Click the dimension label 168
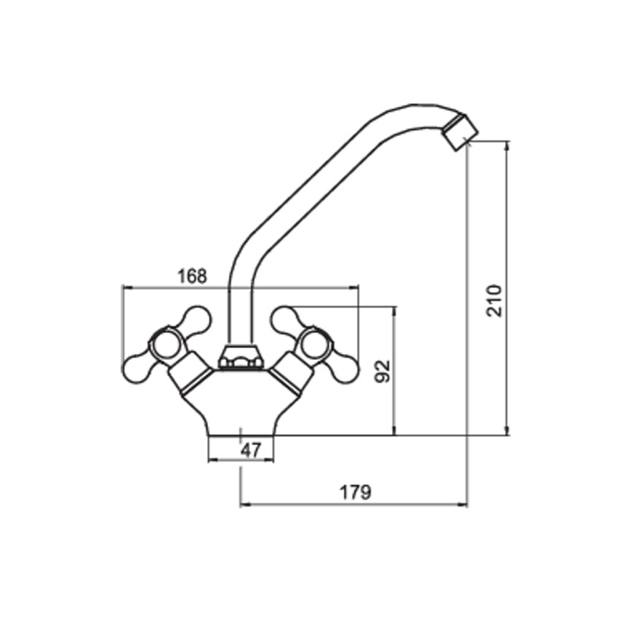(x=193, y=276)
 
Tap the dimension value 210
(x=494, y=301)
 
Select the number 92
(x=382, y=371)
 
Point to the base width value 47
(x=251, y=450)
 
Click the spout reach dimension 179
(x=355, y=491)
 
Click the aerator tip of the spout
(x=460, y=132)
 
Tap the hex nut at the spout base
(x=239, y=356)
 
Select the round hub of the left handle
(x=166, y=347)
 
